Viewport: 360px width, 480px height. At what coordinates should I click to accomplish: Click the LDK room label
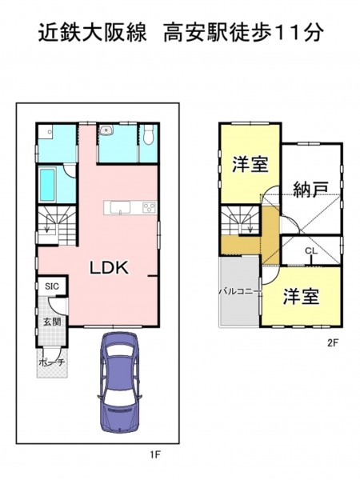click(x=109, y=267)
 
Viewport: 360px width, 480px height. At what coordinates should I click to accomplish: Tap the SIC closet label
click(x=52, y=286)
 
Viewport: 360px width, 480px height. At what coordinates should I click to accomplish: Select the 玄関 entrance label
click(x=52, y=322)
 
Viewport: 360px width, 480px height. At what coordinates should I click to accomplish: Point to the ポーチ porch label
click(x=52, y=362)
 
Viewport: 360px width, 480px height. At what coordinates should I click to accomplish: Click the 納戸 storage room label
click(x=310, y=189)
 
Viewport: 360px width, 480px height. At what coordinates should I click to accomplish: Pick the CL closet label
click(x=311, y=250)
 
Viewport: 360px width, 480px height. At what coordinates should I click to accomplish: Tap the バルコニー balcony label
click(x=240, y=291)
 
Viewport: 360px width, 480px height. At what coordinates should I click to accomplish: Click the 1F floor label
click(x=155, y=454)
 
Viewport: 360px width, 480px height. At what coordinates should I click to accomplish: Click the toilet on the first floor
click(x=147, y=134)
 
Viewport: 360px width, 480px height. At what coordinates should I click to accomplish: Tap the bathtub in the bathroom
click(x=47, y=185)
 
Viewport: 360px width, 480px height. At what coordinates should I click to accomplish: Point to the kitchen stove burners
click(x=150, y=207)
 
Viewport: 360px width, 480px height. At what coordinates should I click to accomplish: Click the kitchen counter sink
click(x=120, y=208)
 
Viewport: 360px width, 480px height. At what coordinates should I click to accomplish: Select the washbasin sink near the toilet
click(x=106, y=130)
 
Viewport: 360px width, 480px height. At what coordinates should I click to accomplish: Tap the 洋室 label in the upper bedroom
click(x=250, y=164)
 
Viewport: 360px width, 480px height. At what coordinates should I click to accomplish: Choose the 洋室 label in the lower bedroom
click(x=301, y=297)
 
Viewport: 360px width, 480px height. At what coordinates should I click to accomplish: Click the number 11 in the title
click(x=288, y=33)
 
